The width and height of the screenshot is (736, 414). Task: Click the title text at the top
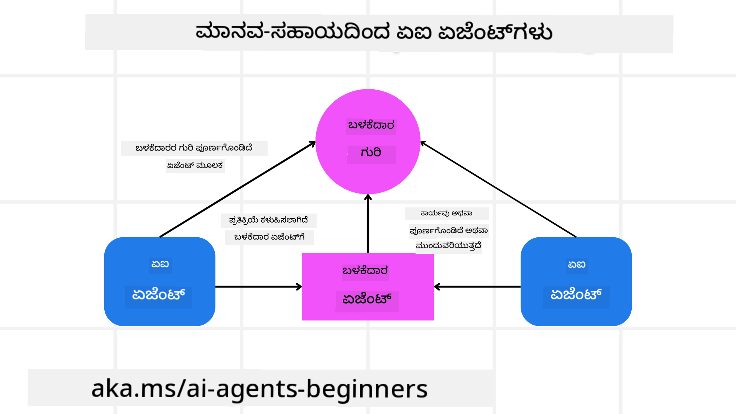(374, 32)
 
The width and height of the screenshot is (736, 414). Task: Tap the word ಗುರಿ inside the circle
(371, 153)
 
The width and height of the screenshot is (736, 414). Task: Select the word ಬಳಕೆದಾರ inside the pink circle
(371, 125)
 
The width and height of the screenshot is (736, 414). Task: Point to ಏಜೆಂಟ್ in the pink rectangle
(367, 299)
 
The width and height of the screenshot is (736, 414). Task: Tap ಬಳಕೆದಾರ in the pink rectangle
(365, 271)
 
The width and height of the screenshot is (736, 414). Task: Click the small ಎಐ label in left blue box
(160, 264)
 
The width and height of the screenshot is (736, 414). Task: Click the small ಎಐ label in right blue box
(577, 264)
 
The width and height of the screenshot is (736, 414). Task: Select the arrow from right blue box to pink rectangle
(477, 287)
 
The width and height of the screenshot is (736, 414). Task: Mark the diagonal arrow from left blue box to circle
(238, 189)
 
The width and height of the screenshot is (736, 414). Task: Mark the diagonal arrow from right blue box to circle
(498, 189)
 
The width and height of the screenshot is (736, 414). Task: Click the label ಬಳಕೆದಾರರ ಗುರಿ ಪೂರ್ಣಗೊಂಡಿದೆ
(194, 148)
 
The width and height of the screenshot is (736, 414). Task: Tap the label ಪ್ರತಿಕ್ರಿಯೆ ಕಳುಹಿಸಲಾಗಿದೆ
(268, 220)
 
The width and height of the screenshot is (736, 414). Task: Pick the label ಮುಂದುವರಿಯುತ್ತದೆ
(449, 246)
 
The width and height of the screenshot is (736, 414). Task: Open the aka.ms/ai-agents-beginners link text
(260, 389)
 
